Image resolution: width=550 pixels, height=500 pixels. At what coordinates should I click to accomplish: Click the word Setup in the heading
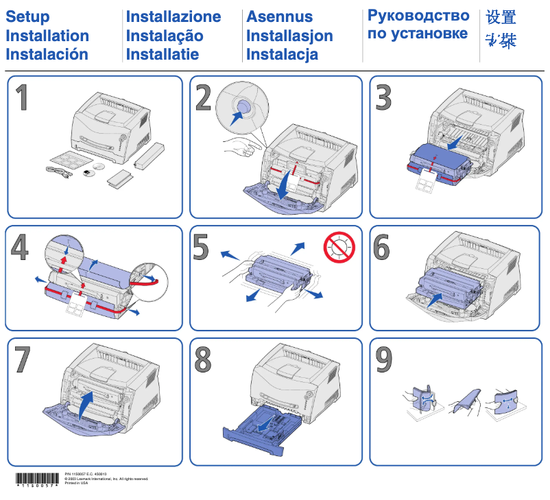(27, 17)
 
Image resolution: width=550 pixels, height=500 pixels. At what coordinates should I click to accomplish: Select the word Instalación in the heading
(47, 54)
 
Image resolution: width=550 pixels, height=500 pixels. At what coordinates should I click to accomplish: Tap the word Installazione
(174, 17)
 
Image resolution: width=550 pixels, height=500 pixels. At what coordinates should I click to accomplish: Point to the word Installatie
(163, 54)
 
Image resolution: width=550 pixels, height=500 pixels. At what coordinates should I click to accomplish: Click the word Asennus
(279, 17)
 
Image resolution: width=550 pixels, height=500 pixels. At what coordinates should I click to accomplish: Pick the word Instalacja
(282, 54)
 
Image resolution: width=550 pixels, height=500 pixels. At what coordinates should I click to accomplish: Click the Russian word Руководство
(418, 16)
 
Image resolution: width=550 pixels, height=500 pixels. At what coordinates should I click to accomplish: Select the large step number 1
(23, 98)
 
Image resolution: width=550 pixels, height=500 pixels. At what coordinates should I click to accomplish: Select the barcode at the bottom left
(38, 479)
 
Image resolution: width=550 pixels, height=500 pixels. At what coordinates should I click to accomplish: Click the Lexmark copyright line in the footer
(106, 479)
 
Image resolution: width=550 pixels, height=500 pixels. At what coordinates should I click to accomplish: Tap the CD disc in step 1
(99, 167)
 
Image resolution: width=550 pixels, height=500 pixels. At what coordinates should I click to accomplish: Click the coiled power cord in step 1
(58, 173)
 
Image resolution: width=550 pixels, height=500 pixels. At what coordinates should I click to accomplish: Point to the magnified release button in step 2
(241, 109)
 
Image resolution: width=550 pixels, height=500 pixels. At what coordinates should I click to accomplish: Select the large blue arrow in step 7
(84, 404)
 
